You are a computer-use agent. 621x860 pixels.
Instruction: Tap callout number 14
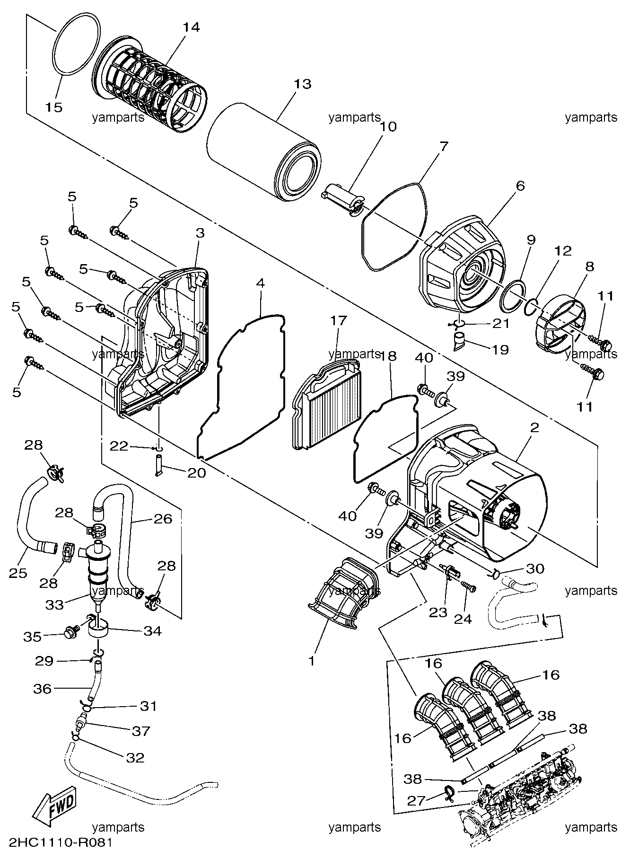pyautogui.click(x=191, y=27)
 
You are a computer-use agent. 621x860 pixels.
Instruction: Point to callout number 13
pyautogui.click(x=302, y=84)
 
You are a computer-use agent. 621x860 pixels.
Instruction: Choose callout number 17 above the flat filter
pyautogui.click(x=339, y=321)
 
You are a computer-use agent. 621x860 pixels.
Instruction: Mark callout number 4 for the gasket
pyautogui.click(x=260, y=284)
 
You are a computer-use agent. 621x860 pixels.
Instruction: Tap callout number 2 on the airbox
pyautogui.click(x=534, y=427)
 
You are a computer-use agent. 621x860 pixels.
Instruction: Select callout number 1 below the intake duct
pyautogui.click(x=311, y=661)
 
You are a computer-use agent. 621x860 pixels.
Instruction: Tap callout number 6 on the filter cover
pyautogui.click(x=520, y=186)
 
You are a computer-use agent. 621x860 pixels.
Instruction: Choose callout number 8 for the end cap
pyautogui.click(x=589, y=266)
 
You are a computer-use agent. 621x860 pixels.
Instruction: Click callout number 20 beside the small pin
pyautogui.click(x=197, y=472)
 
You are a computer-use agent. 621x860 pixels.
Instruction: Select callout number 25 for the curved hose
pyautogui.click(x=18, y=573)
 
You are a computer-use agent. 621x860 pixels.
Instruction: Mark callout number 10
pyautogui.click(x=387, y=127)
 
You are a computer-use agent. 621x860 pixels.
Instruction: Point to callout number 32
pyautogui.click(x=135, y=757)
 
